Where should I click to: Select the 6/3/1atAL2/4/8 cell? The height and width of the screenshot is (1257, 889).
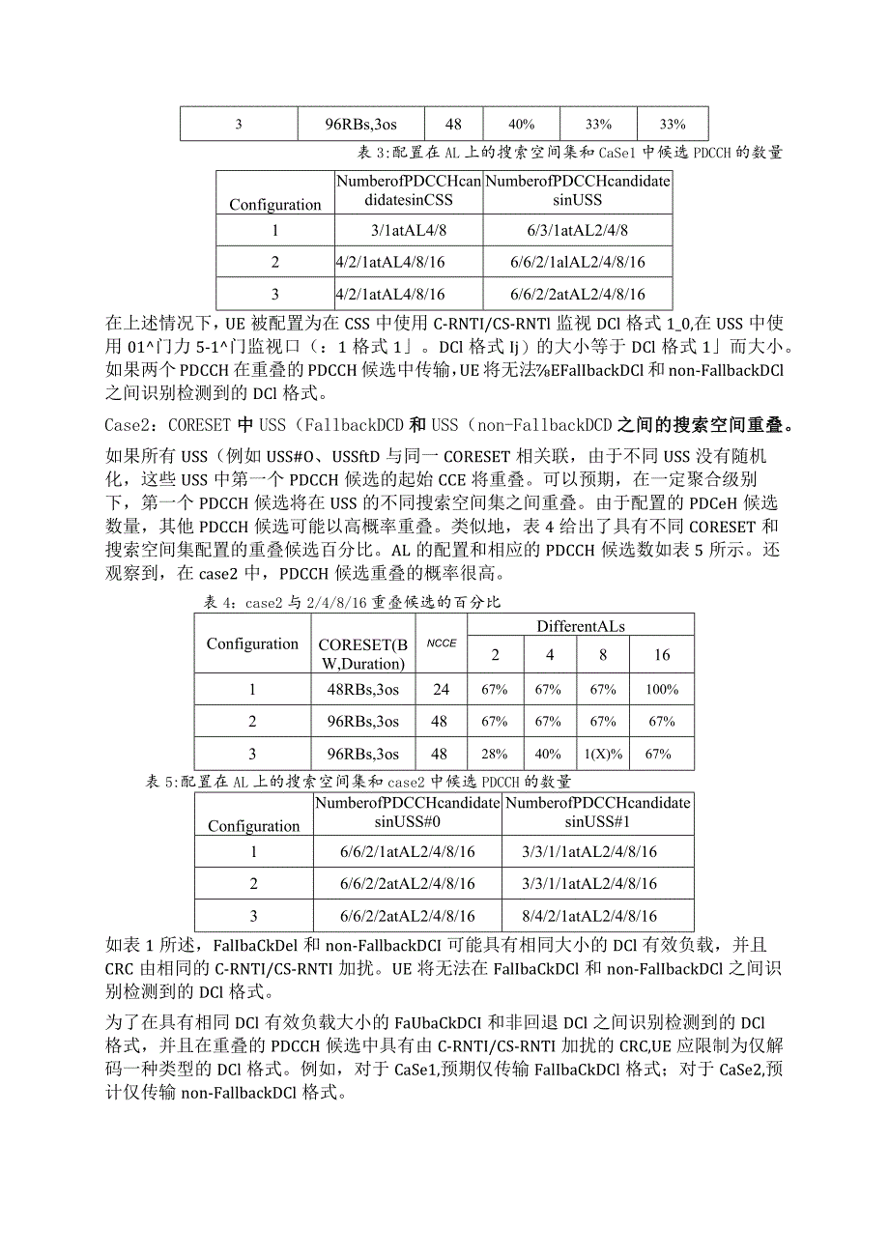(x=578, y=230)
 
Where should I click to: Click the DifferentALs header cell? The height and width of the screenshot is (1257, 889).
(x=581, y=626)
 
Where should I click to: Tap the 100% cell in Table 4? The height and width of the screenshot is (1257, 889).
(x=662, y=689)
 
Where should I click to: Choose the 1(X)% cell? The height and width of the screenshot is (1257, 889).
(x=603, y=755)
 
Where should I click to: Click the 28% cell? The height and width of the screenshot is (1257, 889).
(x=495, y=755)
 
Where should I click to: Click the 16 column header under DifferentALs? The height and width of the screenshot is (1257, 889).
(x=662, y=655)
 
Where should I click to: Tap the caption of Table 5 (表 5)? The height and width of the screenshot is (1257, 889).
(x=358, y=782)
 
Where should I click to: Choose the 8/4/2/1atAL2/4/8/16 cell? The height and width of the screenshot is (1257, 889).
(x=597, y=915)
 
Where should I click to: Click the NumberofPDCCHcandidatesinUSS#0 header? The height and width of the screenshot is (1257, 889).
(x=407, y=812)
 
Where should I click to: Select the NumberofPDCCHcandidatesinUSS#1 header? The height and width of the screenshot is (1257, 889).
(x=597, y=812)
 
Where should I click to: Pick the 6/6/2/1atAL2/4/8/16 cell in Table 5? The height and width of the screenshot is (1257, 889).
(x=407, y=851)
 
